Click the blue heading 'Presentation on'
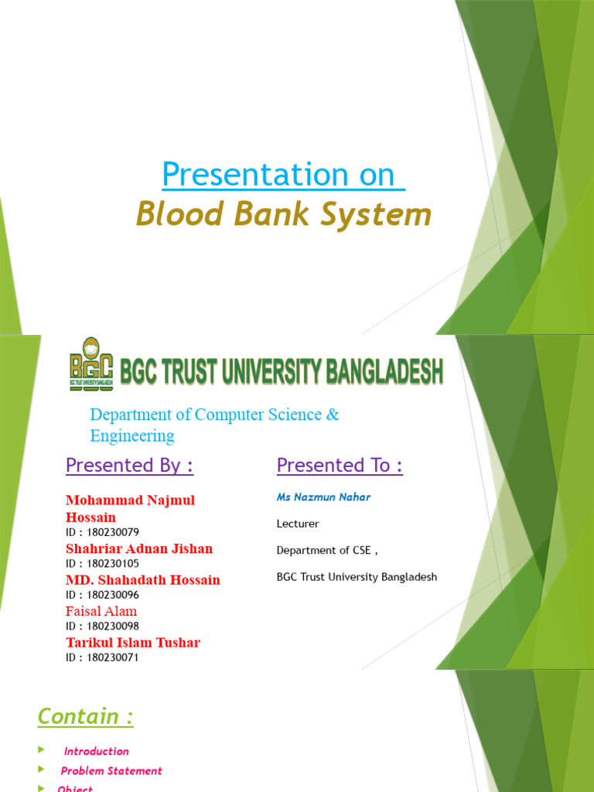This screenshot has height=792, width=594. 282,175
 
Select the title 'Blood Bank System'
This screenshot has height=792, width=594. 283,214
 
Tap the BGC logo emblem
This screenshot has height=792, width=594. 91,363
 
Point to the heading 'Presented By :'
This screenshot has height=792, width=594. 129,465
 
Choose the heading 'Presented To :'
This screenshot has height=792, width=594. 340,465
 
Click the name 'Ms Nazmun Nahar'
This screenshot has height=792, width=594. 323,497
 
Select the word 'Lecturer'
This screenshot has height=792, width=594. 298,524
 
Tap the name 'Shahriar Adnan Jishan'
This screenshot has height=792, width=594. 139,548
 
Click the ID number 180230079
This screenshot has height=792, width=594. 113,532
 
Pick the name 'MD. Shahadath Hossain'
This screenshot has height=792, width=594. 143,579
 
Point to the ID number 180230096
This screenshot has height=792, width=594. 113,595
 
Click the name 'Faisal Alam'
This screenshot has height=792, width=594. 101,611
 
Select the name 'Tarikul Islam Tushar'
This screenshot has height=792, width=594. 133,642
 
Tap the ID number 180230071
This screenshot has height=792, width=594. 113,657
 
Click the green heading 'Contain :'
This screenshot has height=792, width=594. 85,717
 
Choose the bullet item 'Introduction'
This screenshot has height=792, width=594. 96,751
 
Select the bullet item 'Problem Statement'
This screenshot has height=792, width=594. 111,770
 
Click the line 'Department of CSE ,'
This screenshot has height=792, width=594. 327,551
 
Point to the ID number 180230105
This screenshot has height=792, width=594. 113,564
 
